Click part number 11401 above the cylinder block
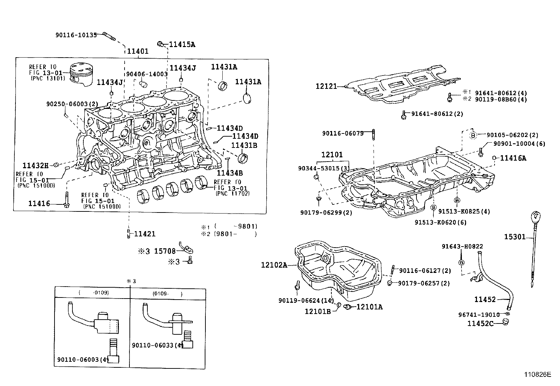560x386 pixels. tap(138, 51)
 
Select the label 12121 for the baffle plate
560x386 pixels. tap(326, 86)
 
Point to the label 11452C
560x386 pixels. tap(480, 323)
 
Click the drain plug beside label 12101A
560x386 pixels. tap(348, 307)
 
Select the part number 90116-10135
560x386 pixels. tap(76, 35)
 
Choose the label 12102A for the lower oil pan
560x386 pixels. tap(274, 265)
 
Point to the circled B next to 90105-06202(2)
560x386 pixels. tap(473, 135)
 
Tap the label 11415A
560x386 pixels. tap(182, 45)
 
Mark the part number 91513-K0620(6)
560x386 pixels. tap(435, 222)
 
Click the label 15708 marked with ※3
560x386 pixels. tap(165, 251)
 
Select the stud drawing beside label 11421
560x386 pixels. tap(128, 233)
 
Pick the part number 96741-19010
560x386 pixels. tap(479, 315)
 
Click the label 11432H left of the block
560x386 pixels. tap(35, 165)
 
